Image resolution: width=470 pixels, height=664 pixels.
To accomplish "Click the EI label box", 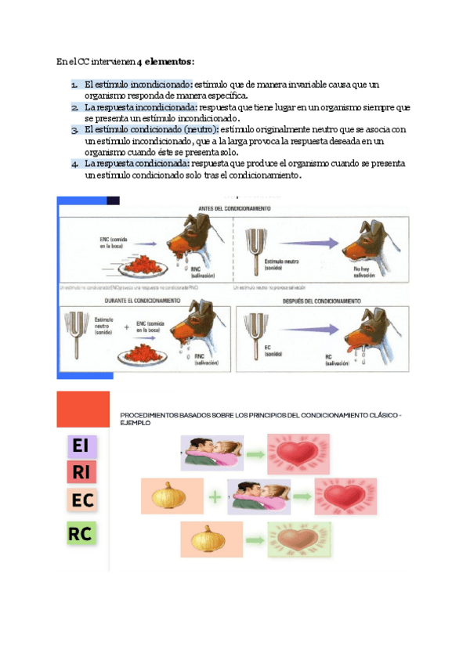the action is coord(81,446).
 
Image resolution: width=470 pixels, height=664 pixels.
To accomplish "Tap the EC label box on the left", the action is coord(81,500).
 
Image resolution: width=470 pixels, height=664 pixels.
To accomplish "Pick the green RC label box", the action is coord(81,534).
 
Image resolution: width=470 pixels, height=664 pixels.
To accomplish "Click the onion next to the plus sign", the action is coord(168,496).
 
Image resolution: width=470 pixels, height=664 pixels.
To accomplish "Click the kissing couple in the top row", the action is coord(212,453).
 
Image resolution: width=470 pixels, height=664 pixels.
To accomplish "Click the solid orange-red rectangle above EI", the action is coord(83,409).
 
